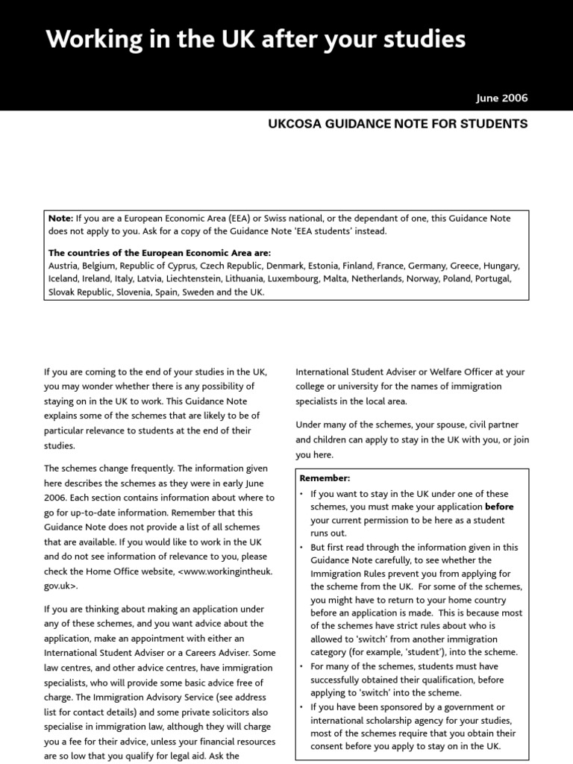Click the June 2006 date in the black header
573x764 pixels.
coord(501,98)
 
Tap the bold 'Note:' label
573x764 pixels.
coord(61,218)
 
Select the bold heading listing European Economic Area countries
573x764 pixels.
coord(160,253)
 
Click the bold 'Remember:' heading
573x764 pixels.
coord(325,478)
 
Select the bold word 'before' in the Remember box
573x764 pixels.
coord(499,507)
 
